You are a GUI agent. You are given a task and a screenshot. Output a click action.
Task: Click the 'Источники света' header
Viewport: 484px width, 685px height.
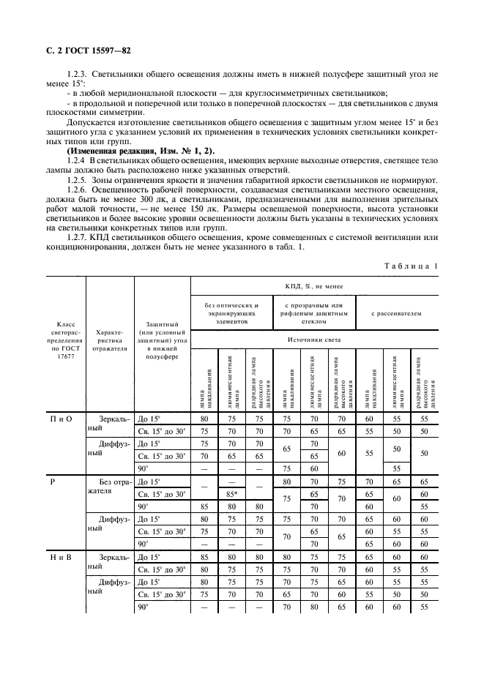click(x=315, y=340)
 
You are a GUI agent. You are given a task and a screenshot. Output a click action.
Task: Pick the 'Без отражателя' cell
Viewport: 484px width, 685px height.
click(x=111, y=487)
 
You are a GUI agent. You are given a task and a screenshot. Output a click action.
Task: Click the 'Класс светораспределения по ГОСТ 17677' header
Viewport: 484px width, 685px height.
click(x=62, y=345)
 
